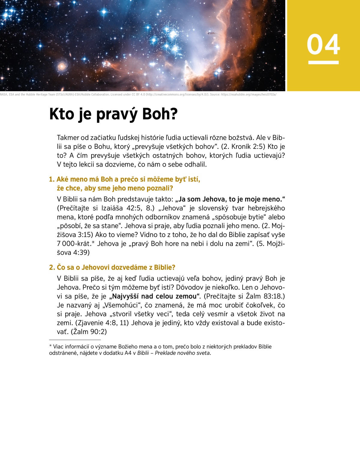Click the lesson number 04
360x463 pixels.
point(323,45)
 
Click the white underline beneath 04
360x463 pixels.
point(323,62)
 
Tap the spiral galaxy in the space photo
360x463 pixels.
point(62,66)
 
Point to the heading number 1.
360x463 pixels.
point(52,179)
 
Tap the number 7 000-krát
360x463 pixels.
point(74,244)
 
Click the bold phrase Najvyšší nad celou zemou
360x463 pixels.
point(154,296)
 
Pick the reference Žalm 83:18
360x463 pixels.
point(264,296)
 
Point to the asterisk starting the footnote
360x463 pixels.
point(50,346)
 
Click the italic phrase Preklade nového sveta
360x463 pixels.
point(183,353)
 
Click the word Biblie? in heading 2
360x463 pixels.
point(164,267)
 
